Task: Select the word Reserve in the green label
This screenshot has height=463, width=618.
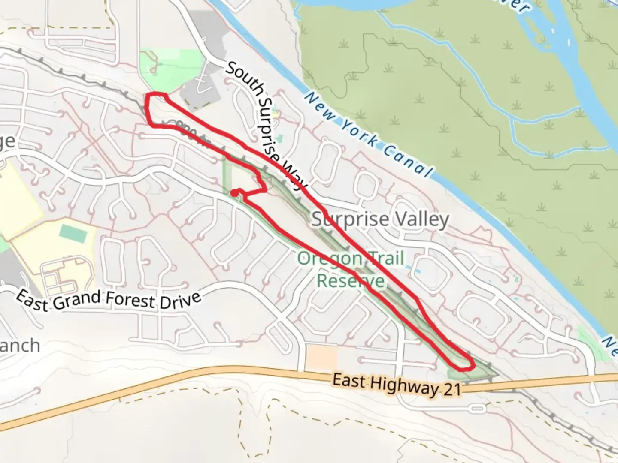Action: pos(350,281)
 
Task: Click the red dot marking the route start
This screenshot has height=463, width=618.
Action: pos(234,193)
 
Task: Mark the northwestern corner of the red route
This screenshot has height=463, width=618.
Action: pos(149,96)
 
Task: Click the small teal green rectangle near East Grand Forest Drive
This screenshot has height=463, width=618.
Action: pos(73,232)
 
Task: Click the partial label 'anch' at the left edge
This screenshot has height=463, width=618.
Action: pos(19,345)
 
